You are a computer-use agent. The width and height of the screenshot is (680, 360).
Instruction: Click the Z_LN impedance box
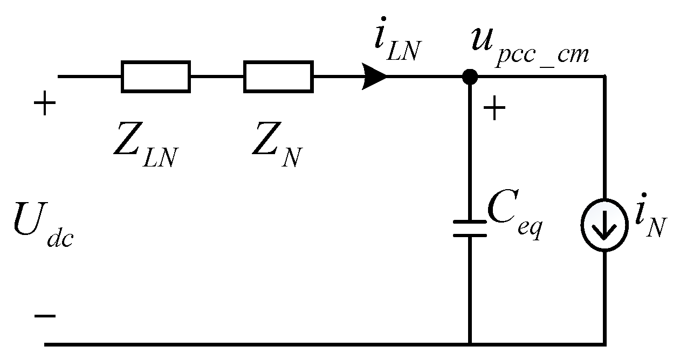pos(155,77)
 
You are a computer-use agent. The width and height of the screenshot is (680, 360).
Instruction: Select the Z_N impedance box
pos(278,77)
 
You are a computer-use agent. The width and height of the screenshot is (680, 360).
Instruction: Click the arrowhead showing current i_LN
pos(375,77)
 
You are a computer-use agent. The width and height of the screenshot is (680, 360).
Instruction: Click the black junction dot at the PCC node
pos(470,77)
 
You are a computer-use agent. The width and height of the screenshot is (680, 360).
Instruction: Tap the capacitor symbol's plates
pos(470,228)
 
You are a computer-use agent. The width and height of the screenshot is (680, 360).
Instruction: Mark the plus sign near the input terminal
pos(45,105)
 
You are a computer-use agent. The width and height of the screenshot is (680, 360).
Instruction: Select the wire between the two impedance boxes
pos(217,77)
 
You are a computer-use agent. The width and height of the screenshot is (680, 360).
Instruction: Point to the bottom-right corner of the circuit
pos(604,343)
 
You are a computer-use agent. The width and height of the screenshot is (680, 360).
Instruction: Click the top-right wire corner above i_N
pos(604,77)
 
